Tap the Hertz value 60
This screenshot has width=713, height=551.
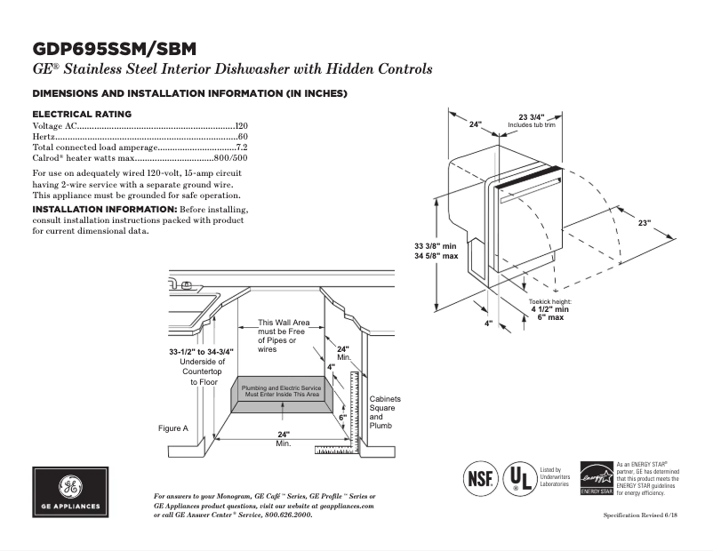click(243, 138)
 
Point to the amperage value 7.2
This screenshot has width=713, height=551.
click(241, 148)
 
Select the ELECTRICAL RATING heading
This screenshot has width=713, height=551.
click(82, 115)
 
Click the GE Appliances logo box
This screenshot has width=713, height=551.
click(70, 491)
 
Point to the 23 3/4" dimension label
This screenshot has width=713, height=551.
click(531, 117)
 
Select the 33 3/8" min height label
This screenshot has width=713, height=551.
click(436, 245)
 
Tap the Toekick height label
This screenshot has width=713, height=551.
click(550, 302)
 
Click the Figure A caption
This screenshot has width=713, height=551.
click(173, 428)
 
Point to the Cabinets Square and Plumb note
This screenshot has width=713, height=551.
click(385, 412)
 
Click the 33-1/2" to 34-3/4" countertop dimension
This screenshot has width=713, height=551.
click(202, 352)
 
